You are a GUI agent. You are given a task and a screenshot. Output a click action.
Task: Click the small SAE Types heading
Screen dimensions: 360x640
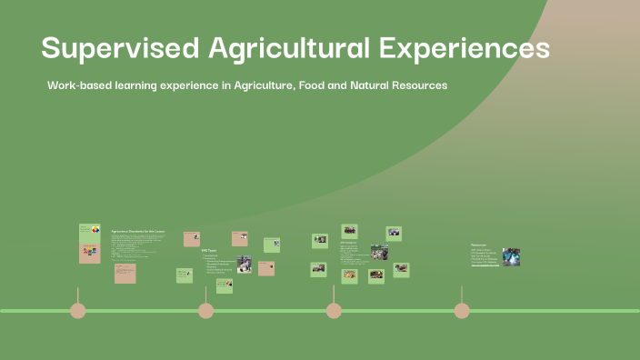[x=209, y=250]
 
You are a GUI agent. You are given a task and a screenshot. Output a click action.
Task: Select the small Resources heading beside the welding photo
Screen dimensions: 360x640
[x=480, y=245]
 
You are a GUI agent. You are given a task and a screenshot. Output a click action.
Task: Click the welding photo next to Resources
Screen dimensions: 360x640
[x=511, y=257]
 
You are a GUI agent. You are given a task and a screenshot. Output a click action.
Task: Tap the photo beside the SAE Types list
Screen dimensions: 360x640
[x=244, y=264]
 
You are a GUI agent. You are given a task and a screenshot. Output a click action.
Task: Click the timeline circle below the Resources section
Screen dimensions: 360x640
[x=462, y=311]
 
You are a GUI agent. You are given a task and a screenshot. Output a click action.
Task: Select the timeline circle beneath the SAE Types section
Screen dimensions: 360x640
[x=205, y=311]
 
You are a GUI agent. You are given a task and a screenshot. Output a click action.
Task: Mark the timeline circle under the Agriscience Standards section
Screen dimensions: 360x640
[x=78, y=311]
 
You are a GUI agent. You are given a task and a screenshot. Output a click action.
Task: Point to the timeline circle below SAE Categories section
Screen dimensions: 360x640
[x=334, y=311]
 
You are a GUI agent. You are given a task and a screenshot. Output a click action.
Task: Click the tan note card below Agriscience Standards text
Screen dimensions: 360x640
[x=125, y=273]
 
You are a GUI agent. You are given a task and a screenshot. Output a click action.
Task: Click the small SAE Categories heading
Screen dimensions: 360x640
[x=348, y=243]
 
